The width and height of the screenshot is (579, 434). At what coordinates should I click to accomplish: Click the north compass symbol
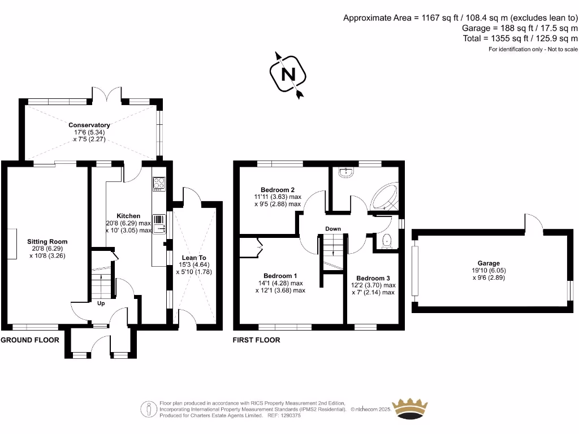pos(289,74)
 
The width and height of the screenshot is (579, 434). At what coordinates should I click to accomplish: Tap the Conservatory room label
pos(89,125)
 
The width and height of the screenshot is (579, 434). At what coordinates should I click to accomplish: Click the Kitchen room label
pos(128,216)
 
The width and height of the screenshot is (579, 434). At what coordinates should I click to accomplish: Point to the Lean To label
pos(193,258)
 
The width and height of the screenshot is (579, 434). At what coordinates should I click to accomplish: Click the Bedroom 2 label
pos(277,190)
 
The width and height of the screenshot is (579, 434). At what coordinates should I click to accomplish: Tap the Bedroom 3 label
pos(373,278)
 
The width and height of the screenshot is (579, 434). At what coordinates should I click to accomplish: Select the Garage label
pos(489,263)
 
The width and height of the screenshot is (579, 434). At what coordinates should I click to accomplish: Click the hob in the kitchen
pos(159,184)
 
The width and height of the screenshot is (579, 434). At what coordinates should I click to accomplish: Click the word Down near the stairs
pos(332,229)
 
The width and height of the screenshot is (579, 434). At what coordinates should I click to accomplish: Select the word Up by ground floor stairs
pos(101,303)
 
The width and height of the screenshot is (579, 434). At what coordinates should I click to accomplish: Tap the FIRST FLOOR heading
pos(256,340)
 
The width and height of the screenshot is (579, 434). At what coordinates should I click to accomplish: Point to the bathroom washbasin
pos(346,173)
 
